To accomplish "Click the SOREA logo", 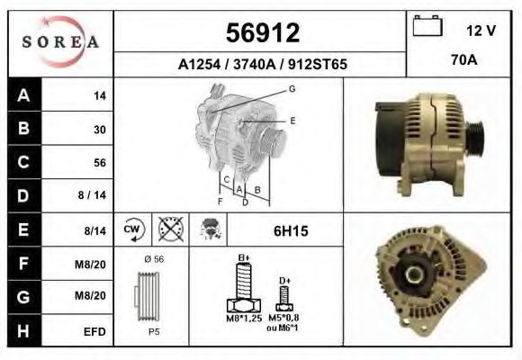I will [60, 41].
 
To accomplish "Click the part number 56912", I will [261, 33].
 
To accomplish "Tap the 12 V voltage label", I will [481, 31].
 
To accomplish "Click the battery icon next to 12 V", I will [426, 27].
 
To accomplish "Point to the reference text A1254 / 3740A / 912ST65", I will [262, 65].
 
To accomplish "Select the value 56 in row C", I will [100, 163].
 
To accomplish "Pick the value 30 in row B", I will [100, 129].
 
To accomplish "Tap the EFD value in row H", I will [95, 331].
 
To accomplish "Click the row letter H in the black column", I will [22, 330].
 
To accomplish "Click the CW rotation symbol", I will [131, 230].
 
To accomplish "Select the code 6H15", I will [291, 231].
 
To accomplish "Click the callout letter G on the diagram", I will [292, 88].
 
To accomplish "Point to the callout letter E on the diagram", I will [292, 119].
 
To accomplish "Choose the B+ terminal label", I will [243, 258].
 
